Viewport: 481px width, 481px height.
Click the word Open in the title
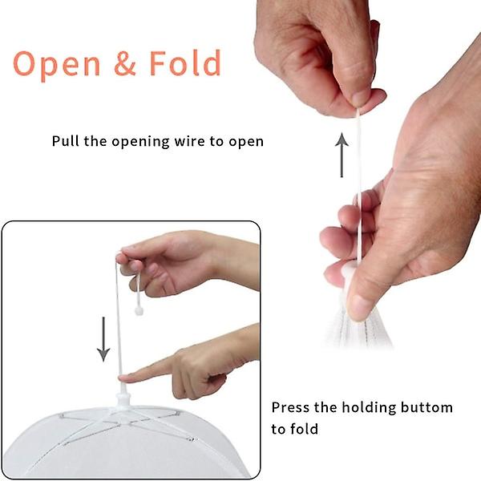point(57,66)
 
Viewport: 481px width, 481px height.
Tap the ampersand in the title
point(125,63)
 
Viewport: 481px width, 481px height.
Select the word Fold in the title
point(185,63)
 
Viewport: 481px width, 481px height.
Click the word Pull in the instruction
point(66,141)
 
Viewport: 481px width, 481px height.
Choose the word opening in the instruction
point(140,143)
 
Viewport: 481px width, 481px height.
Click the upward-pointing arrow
point(342,155)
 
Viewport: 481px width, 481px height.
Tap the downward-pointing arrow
point(103,339)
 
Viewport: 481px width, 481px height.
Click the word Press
point(290,408)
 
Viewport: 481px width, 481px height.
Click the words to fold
point(294,429)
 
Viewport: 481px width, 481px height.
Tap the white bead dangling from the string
point(139,311)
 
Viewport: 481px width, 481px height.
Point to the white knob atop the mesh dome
point(123,398)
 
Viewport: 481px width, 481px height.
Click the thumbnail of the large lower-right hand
point(359,307)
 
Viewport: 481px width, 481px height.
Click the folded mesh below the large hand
point(358,329)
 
